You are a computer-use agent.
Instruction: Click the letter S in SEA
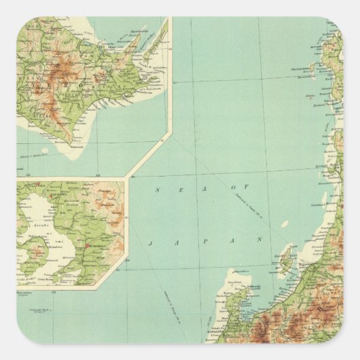[157, 191]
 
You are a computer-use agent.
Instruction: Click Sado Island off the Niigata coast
[285, 261]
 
